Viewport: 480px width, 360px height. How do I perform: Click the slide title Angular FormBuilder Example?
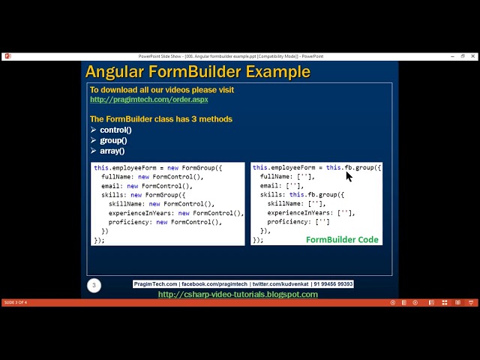(x=197, y=72)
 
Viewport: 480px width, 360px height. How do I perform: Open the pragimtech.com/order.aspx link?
(x=148, y=99)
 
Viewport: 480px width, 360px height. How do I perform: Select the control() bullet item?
(x=115, y=130)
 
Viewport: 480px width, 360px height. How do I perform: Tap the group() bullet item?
(x=113, y=140)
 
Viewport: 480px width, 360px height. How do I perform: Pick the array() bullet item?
(x=112, y=151)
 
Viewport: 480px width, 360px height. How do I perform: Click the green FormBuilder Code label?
(x=342, y=239)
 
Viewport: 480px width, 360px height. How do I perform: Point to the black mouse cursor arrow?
(x=349, y=176)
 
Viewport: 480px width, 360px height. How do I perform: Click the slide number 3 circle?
(x=94, y=285)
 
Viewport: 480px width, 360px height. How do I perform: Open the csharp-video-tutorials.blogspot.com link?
(x=238, y=294)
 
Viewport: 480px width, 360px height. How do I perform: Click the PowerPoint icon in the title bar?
(x=7, y=56)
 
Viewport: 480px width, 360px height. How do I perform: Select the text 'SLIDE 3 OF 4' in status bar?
(x=15, y=302)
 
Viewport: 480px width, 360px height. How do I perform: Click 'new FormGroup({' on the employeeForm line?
(x=195, y=168)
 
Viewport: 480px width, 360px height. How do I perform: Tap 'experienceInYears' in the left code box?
(x=142, y=213)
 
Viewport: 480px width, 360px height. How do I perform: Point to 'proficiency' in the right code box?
(x=288, y=222)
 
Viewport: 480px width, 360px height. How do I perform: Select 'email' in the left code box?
(x=111, y=186)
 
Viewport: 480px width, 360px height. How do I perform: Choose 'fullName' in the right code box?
(x=275, y=177)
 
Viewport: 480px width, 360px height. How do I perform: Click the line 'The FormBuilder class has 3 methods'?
(x=160, y=118)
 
